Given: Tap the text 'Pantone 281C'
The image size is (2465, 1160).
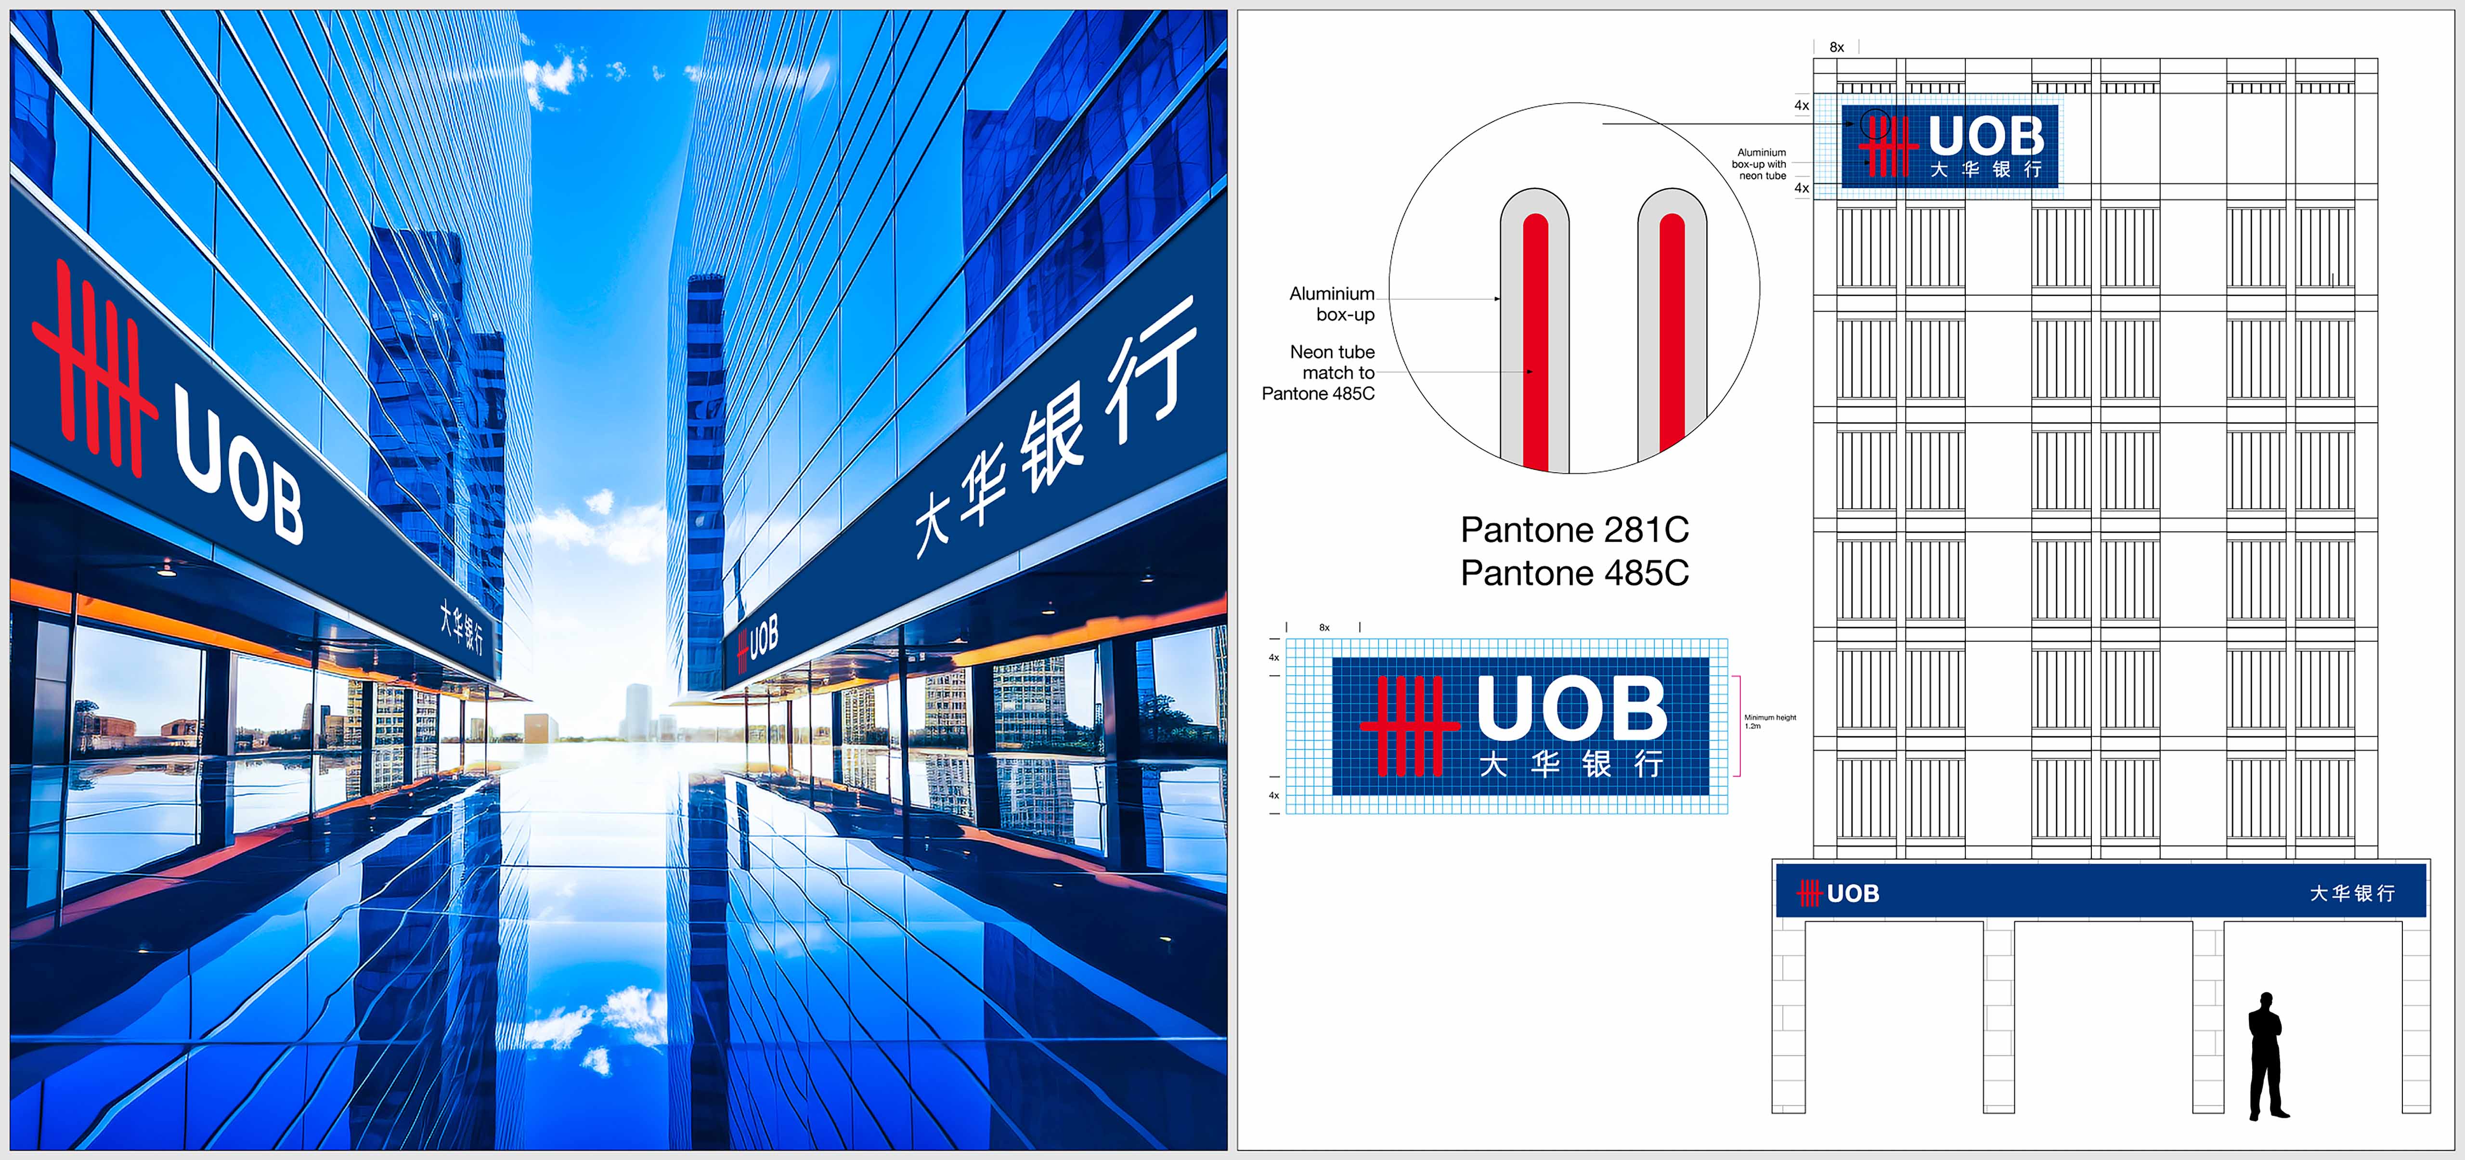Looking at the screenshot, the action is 1574,529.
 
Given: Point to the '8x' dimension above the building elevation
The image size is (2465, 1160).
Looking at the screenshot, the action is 1836,47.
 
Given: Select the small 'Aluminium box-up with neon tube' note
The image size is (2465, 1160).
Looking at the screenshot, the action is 1760,164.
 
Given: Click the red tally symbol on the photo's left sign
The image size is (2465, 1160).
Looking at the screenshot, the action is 94,368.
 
